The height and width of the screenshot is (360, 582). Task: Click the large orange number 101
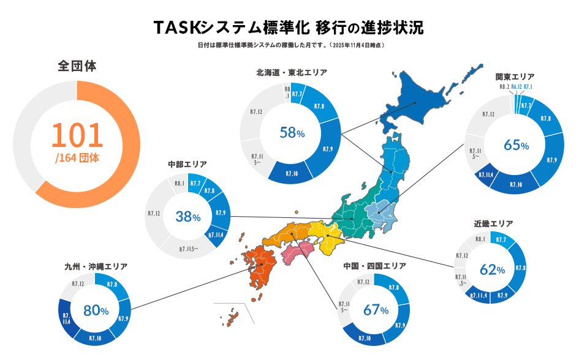[77, 135]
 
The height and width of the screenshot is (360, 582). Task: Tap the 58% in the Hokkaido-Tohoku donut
[292, 132]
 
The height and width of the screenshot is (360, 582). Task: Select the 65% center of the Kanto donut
[516, 144]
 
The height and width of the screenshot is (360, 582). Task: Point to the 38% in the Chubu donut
[188, 216]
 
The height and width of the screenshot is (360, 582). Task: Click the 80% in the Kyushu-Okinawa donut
[96, 310]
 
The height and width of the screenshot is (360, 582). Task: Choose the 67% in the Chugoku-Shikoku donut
[376, 309]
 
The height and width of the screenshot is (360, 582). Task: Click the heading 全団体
[77, 66]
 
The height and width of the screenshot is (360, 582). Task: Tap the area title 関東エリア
[515, 77]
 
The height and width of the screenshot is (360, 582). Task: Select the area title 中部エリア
[187, 164]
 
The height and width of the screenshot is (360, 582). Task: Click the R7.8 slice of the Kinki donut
[521, 268]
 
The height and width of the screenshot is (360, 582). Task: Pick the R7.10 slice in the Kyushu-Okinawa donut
[95, 337]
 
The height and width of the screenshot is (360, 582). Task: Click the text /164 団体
[77, 157]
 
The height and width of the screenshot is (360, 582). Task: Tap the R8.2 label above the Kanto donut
[504, 87]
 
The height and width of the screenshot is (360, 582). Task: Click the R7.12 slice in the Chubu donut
[154, 214]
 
